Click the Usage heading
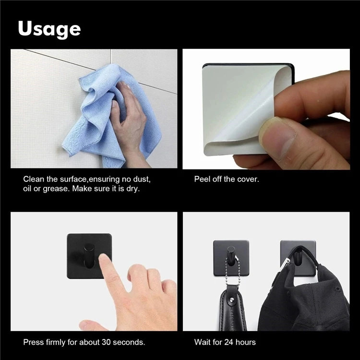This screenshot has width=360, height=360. click(x=49, y=29)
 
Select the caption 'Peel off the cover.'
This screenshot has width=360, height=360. click(x=226, y=179)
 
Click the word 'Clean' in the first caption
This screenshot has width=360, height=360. click(x=34, y=179)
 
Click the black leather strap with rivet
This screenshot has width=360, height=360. click(x=230, y=312)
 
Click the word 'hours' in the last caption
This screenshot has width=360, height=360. click(x=247, y=342)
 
